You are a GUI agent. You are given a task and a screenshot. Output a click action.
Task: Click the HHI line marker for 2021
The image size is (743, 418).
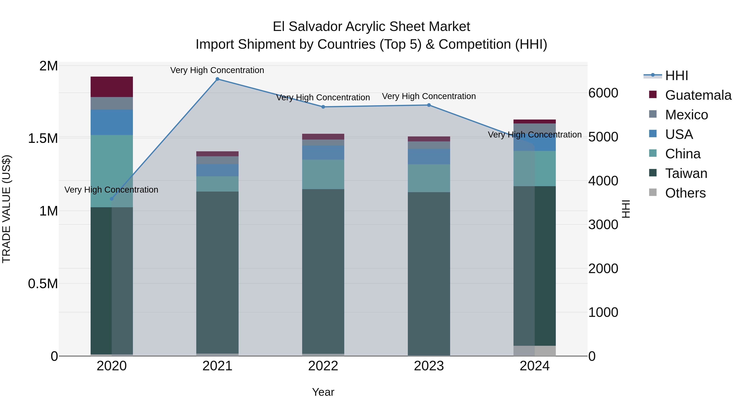coord(218,79)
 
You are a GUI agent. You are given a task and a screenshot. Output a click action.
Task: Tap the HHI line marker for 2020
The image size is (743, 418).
coord(112,199)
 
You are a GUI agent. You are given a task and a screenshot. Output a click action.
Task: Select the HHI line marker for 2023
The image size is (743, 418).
coord(429,105)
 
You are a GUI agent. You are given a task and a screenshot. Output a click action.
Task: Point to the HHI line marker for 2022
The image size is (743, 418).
coord(323,107)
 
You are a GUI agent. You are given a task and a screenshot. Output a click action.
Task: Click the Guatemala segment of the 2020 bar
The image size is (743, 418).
coord(112,87)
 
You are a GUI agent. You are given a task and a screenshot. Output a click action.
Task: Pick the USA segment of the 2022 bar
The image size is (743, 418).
coord(323,153)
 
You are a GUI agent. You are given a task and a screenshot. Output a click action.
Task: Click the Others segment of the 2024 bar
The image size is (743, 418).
coord(535,351)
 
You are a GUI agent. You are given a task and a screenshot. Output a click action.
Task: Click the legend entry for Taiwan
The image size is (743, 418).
coord(686,174)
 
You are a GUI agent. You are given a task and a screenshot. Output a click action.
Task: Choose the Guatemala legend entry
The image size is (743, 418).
coord(698,95)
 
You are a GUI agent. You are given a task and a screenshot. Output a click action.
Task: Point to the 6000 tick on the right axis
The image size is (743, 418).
coord(603,93)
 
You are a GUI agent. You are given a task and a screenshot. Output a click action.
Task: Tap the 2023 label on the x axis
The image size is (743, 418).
coord(429,366)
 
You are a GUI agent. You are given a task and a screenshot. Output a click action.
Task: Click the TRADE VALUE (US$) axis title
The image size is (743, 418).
coord(6,209)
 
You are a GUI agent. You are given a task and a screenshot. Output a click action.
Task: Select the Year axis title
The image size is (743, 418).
coord(323,392)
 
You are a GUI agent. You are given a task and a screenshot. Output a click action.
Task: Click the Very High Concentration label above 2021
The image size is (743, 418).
coord(217,70)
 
